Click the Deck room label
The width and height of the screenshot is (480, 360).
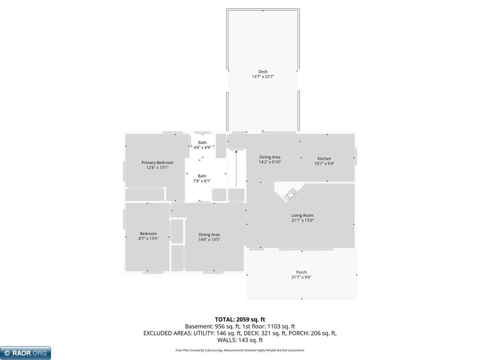[262, 72]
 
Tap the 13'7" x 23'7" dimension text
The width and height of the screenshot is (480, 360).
[262, 76]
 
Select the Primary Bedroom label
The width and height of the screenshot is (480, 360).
[157, 163]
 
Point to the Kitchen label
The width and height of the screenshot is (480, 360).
[324, 159]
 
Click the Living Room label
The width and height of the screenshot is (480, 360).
[302, 215]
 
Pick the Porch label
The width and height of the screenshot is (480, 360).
[301, 272]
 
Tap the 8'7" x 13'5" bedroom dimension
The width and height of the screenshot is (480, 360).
[148, 238]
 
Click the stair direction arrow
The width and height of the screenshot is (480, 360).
[236, 168]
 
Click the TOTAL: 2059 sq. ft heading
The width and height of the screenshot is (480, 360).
[240, 319]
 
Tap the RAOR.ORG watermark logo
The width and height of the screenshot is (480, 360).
[25, 353]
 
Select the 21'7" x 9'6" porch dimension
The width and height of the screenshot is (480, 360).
[301, 277]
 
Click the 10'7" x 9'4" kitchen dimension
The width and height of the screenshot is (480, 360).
[324, 163]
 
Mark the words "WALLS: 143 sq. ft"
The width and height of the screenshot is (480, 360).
[240, 340]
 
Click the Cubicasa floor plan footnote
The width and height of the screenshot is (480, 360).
[240, 350]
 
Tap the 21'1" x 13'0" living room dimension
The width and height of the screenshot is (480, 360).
[302, 220]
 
